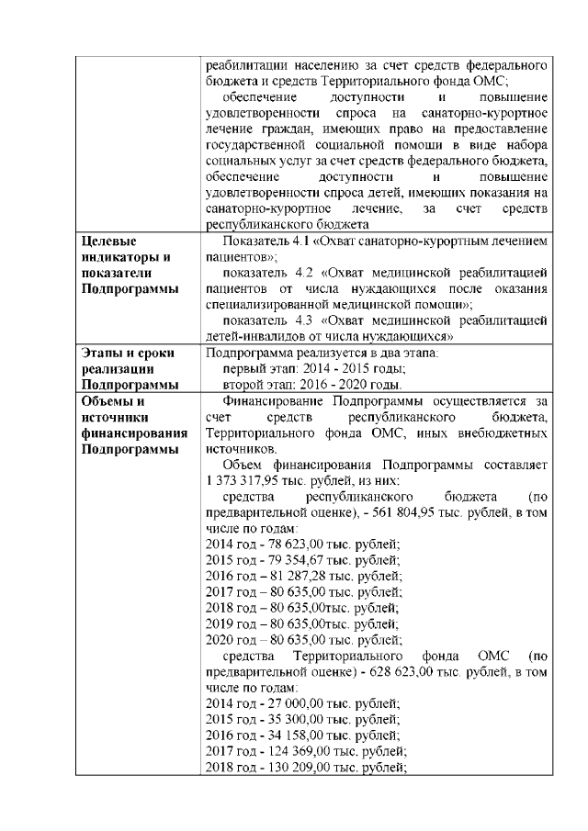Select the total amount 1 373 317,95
(245, 481)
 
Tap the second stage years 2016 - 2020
(336, 384)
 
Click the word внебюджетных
(500, 433)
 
